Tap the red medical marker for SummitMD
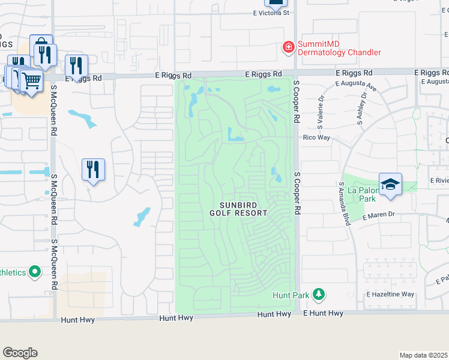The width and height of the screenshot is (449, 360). tap(289, 46)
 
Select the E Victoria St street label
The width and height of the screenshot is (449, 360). tap(271, 12)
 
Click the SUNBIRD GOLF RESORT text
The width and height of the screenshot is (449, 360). tap(239, 209)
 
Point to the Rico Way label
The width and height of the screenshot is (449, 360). tap(317, 137)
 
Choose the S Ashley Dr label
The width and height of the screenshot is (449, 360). tap(363, 109)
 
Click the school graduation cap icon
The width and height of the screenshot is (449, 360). tap(390, 184)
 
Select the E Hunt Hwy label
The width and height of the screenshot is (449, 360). tap(323, 313)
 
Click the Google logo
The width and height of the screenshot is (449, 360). tap(20, 353)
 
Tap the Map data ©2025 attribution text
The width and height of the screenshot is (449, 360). tap(423, 355)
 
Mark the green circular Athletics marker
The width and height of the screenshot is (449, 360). tap(35, 272)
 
